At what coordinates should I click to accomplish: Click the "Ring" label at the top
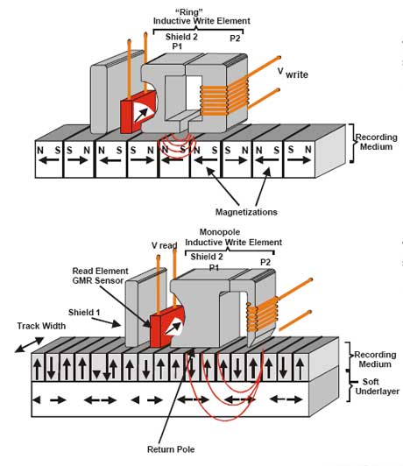pyautogui.click(x=189, y=11)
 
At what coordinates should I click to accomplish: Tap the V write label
pyautogui.click(x=293, y=73)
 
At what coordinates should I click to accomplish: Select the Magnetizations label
pyautogui.click(x=246, y=212)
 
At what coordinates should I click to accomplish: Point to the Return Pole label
pyautogui.click(x=171, y=449)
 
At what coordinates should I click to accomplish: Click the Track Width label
pyautogui.click(x=41, y=326)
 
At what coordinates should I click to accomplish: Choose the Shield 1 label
pyautogui.click(x=84, y=313)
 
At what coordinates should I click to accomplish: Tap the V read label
pyautogui.click(x=165, y=245)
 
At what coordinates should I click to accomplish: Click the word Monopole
pyautogui.click(x=220, y=232)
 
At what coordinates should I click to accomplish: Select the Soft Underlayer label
pyautogui.click(x=377, y=386)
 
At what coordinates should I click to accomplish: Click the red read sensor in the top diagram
pyautogui.click(x=138, y=112)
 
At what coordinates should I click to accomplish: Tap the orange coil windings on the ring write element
pyautogui.click(x=223, y=100)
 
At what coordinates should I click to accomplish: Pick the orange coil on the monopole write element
pyautogui.click(x=262, y=314)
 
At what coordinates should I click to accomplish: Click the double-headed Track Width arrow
pyautogui.click(x=30, y=345)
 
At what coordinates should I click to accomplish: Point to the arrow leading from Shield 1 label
pyautogui.click(x=106, y=322)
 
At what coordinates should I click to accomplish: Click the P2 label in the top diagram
pyautogui.click(x=235, y=39)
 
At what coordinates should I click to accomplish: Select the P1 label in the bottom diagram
pyautogui.click(x=214, y=268)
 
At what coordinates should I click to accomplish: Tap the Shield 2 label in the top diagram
pyautogui.click(x=181, y=37)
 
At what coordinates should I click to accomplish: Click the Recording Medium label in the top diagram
pyautogui.click(x=376, y=142)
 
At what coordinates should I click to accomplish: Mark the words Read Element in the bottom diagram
pyautogui.click(x=101, y=271)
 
